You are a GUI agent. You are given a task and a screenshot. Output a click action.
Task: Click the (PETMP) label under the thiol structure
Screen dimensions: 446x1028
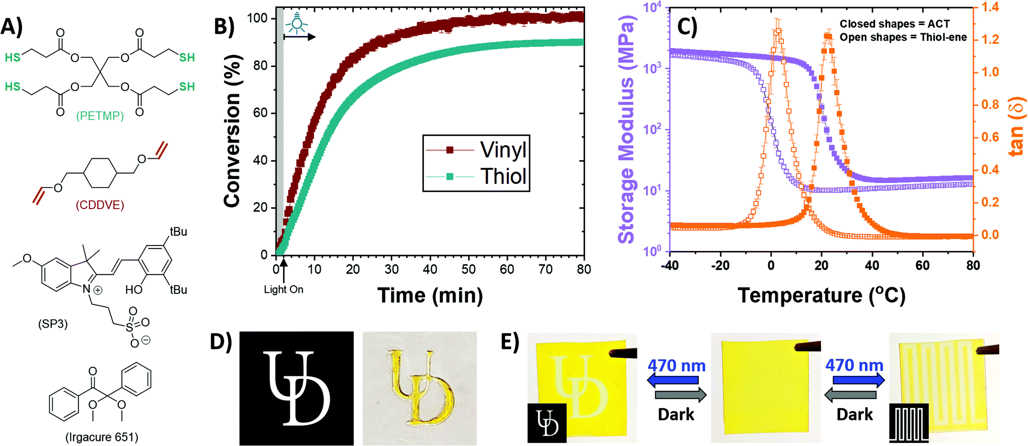pos(100,116)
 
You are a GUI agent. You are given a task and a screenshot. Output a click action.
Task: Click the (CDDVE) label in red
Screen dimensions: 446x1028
pos(100,205)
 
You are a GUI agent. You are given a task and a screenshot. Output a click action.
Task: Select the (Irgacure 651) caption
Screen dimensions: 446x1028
pos(102,437)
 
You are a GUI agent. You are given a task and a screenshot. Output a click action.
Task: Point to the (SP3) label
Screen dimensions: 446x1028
pos(53,324)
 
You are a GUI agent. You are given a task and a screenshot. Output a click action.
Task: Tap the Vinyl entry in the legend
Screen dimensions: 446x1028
pos(503,150)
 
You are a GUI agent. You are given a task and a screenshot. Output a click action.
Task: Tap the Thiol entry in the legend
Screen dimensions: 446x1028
pos(503,176)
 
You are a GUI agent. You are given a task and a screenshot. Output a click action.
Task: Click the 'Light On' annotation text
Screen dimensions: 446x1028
pos(283,290)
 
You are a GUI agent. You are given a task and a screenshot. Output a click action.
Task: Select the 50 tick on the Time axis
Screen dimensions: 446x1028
pos(468,270)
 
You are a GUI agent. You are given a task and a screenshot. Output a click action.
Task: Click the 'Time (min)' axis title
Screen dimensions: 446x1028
pos(430,295)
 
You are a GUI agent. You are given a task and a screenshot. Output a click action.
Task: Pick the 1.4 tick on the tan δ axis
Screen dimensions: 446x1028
pos(990,7)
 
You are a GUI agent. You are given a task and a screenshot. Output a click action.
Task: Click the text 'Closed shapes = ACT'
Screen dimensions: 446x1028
pos(894,24)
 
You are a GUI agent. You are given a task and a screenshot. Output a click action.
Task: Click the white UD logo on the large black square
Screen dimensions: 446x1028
pos(297,388)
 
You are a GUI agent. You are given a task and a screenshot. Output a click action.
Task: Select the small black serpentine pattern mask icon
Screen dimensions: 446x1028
pos(909,423)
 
